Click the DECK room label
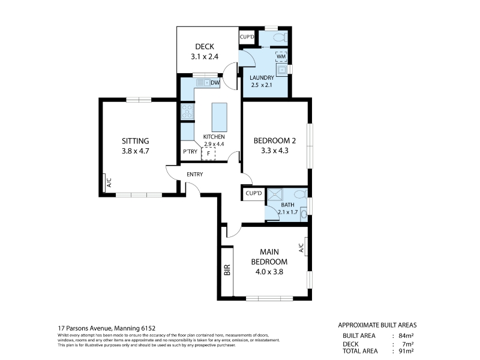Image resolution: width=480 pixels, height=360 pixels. pyautogui.click(x=205, y=47)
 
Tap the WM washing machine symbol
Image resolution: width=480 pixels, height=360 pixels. pyautogui.click(x=281, y=56)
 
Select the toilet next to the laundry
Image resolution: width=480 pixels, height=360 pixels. pyautogui.click(x=280, y=38)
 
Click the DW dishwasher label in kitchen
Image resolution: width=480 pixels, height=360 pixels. pyautogui.click(x=215, y=83)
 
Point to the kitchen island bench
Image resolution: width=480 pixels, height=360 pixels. pyautogui.click(x=219, y=117)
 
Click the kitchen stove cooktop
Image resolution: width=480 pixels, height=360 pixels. pyautogui.click(x=187, y=111)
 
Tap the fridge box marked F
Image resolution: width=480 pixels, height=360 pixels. pyautogui.click(x=208, y=154)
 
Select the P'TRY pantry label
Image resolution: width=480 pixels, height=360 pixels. pyautogui.click(x=190, y=152)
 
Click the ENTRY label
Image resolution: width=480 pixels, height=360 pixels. pyautogui.click(x=194, y=174)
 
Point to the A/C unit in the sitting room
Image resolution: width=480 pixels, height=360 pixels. pyautogui.click(x=104, y=183)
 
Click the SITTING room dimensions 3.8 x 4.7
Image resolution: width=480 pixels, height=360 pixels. pyautogui.click(x=136, y=151)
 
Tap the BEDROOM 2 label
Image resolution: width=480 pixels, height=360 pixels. pyautogui.click(x=275, y=141)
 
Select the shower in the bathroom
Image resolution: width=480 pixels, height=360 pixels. pyautogui.click(x=275, y=195)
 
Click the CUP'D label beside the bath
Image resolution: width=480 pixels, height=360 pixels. pyautogui.click(x=254, y=193)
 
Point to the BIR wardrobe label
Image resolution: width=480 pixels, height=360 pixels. pyautogui.click(x=227, y=269)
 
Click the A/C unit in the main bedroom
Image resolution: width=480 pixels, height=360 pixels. pyautogui.click(x=306, y=247)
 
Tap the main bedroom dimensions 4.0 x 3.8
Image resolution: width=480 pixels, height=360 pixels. pyautogui.click(x=269, y=272)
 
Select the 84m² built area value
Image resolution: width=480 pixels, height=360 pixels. pyautogui.click(x=406, y=335)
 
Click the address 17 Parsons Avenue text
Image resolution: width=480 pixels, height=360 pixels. pyautogui.click(x=85, y=328)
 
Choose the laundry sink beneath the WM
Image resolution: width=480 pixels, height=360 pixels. pyautogui.click(x=281, y=70)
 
